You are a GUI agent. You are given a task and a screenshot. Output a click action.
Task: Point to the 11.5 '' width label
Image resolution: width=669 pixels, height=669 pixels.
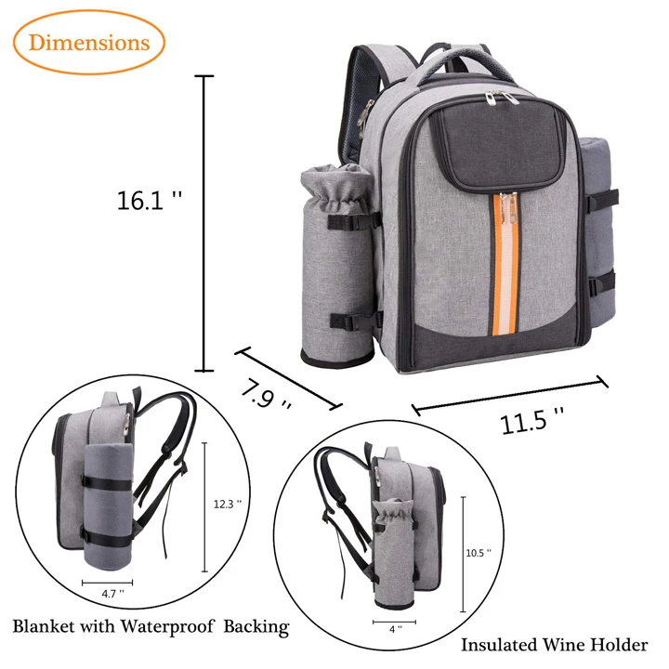[x=533, y=422]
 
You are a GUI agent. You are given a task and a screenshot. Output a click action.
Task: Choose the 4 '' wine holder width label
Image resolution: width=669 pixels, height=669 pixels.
[x=395, y=629]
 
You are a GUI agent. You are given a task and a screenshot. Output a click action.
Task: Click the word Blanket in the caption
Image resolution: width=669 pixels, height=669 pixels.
[x=50, y=625]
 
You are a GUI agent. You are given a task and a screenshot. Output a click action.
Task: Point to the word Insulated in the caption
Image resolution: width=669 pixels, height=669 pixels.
[x=502, y=644]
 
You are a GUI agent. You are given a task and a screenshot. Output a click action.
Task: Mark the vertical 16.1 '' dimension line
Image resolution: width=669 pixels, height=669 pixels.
[x=206, y=223]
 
